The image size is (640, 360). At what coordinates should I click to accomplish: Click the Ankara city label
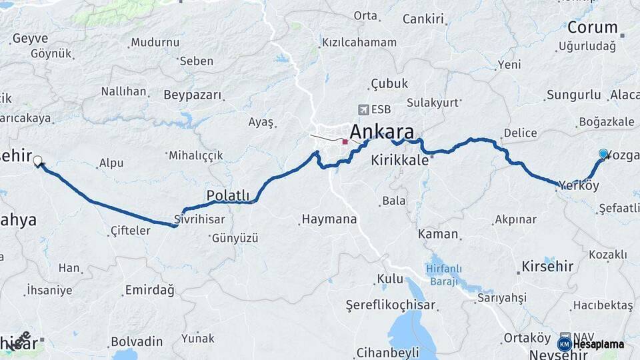(381, 131)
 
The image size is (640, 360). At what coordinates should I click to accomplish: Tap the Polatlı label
(228, 195)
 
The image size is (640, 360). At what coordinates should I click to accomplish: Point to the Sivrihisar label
(199, 219)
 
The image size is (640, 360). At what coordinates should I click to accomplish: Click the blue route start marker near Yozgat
(603, 154)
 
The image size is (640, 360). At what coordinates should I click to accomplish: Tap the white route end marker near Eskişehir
(38, 161)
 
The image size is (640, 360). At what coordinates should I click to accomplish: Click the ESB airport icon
(363, 109)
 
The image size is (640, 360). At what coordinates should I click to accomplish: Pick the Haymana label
(329, 219)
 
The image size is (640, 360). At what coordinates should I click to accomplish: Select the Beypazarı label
(192, 95)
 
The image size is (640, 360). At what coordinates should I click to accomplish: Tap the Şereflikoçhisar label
(391, 305)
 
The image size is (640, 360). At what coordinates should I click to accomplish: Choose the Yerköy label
(579, 185)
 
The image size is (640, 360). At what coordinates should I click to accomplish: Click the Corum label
(592, 28)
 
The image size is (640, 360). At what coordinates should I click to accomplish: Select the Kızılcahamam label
(359, 43)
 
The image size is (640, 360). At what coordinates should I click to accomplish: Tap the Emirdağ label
(149, 290)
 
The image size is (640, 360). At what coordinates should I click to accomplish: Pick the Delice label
(520, 133)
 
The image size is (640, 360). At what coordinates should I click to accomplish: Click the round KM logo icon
(565, 344)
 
